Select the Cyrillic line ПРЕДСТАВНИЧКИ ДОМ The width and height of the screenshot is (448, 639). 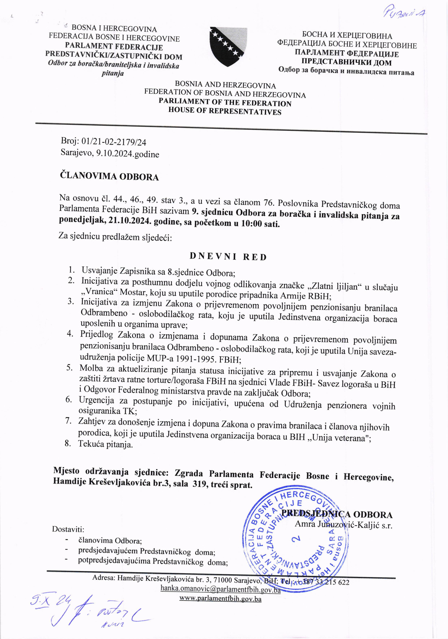[x=347, y=63]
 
